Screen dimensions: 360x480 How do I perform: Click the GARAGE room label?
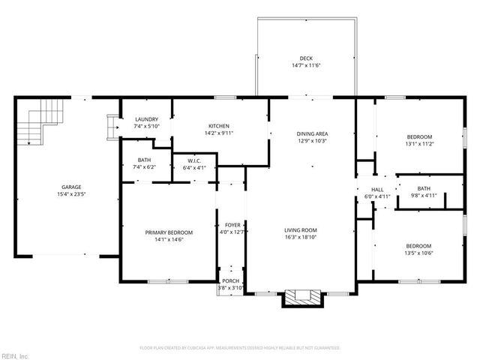pyautogui.click(x=71, y=187)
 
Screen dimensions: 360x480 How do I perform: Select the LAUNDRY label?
pyautogui.click(x=146, y=120)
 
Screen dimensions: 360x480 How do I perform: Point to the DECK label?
pyautogui.click(x=306, y=58)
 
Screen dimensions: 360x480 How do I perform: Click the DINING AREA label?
pyautogui.click(x=312, y=133)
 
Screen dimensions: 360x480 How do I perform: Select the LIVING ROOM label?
pyautogui.click(x=301, y=230)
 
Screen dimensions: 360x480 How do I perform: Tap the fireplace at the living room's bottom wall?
pyautogui.click(x=303, y=298)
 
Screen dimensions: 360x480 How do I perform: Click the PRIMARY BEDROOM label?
pyautogui.click(x=169, y=232)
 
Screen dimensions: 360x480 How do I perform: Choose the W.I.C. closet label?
pyautogui.click(x=194, y=160)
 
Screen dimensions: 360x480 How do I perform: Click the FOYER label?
pyautogui.click(x=232, y=225)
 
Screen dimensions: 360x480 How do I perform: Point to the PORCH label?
pyautogui.click(x=231, y=281)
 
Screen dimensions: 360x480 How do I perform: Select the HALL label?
pyautogui.click(x=377, y=190)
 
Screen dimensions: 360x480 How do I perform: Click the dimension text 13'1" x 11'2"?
pyautogui.click(x=419, y=143)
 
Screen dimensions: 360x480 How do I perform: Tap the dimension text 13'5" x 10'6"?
pyautogui.click(x=419, y=253)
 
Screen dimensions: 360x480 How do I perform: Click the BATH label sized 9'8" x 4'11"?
pyautogui.click(x=424, y=188)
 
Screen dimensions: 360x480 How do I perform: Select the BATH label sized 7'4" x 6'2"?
pyautogui.click(x=145, y=160)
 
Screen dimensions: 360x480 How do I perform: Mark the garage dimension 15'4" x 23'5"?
pyautogui.click(x=71, y=193)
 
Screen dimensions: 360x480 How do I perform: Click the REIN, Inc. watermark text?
pyautogui.click(x=15, y=355)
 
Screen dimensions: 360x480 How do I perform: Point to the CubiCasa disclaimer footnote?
pyautogui.click(x=240, y=348)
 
